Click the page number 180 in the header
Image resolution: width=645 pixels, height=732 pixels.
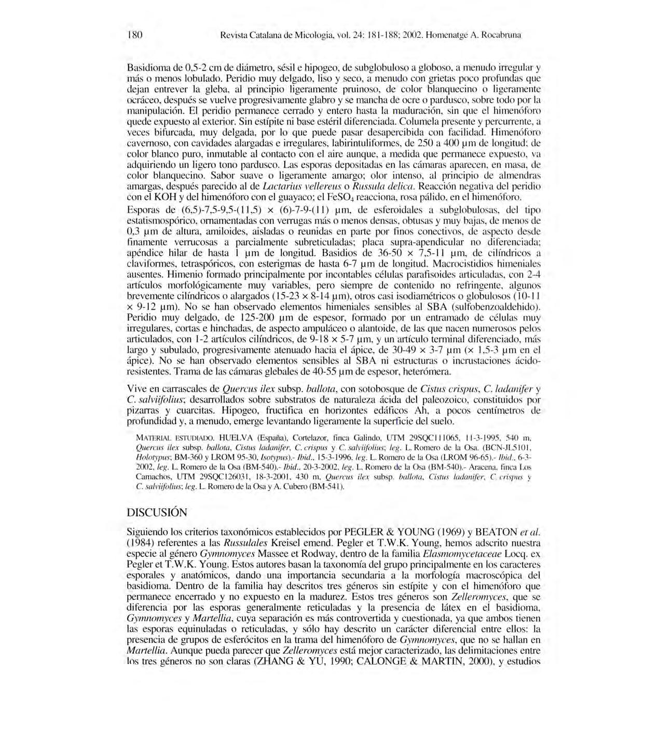[x=135, y=35]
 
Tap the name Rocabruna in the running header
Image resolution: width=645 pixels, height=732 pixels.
[x=502, y=35]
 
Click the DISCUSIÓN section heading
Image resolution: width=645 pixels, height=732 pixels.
[x=157, y=513]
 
